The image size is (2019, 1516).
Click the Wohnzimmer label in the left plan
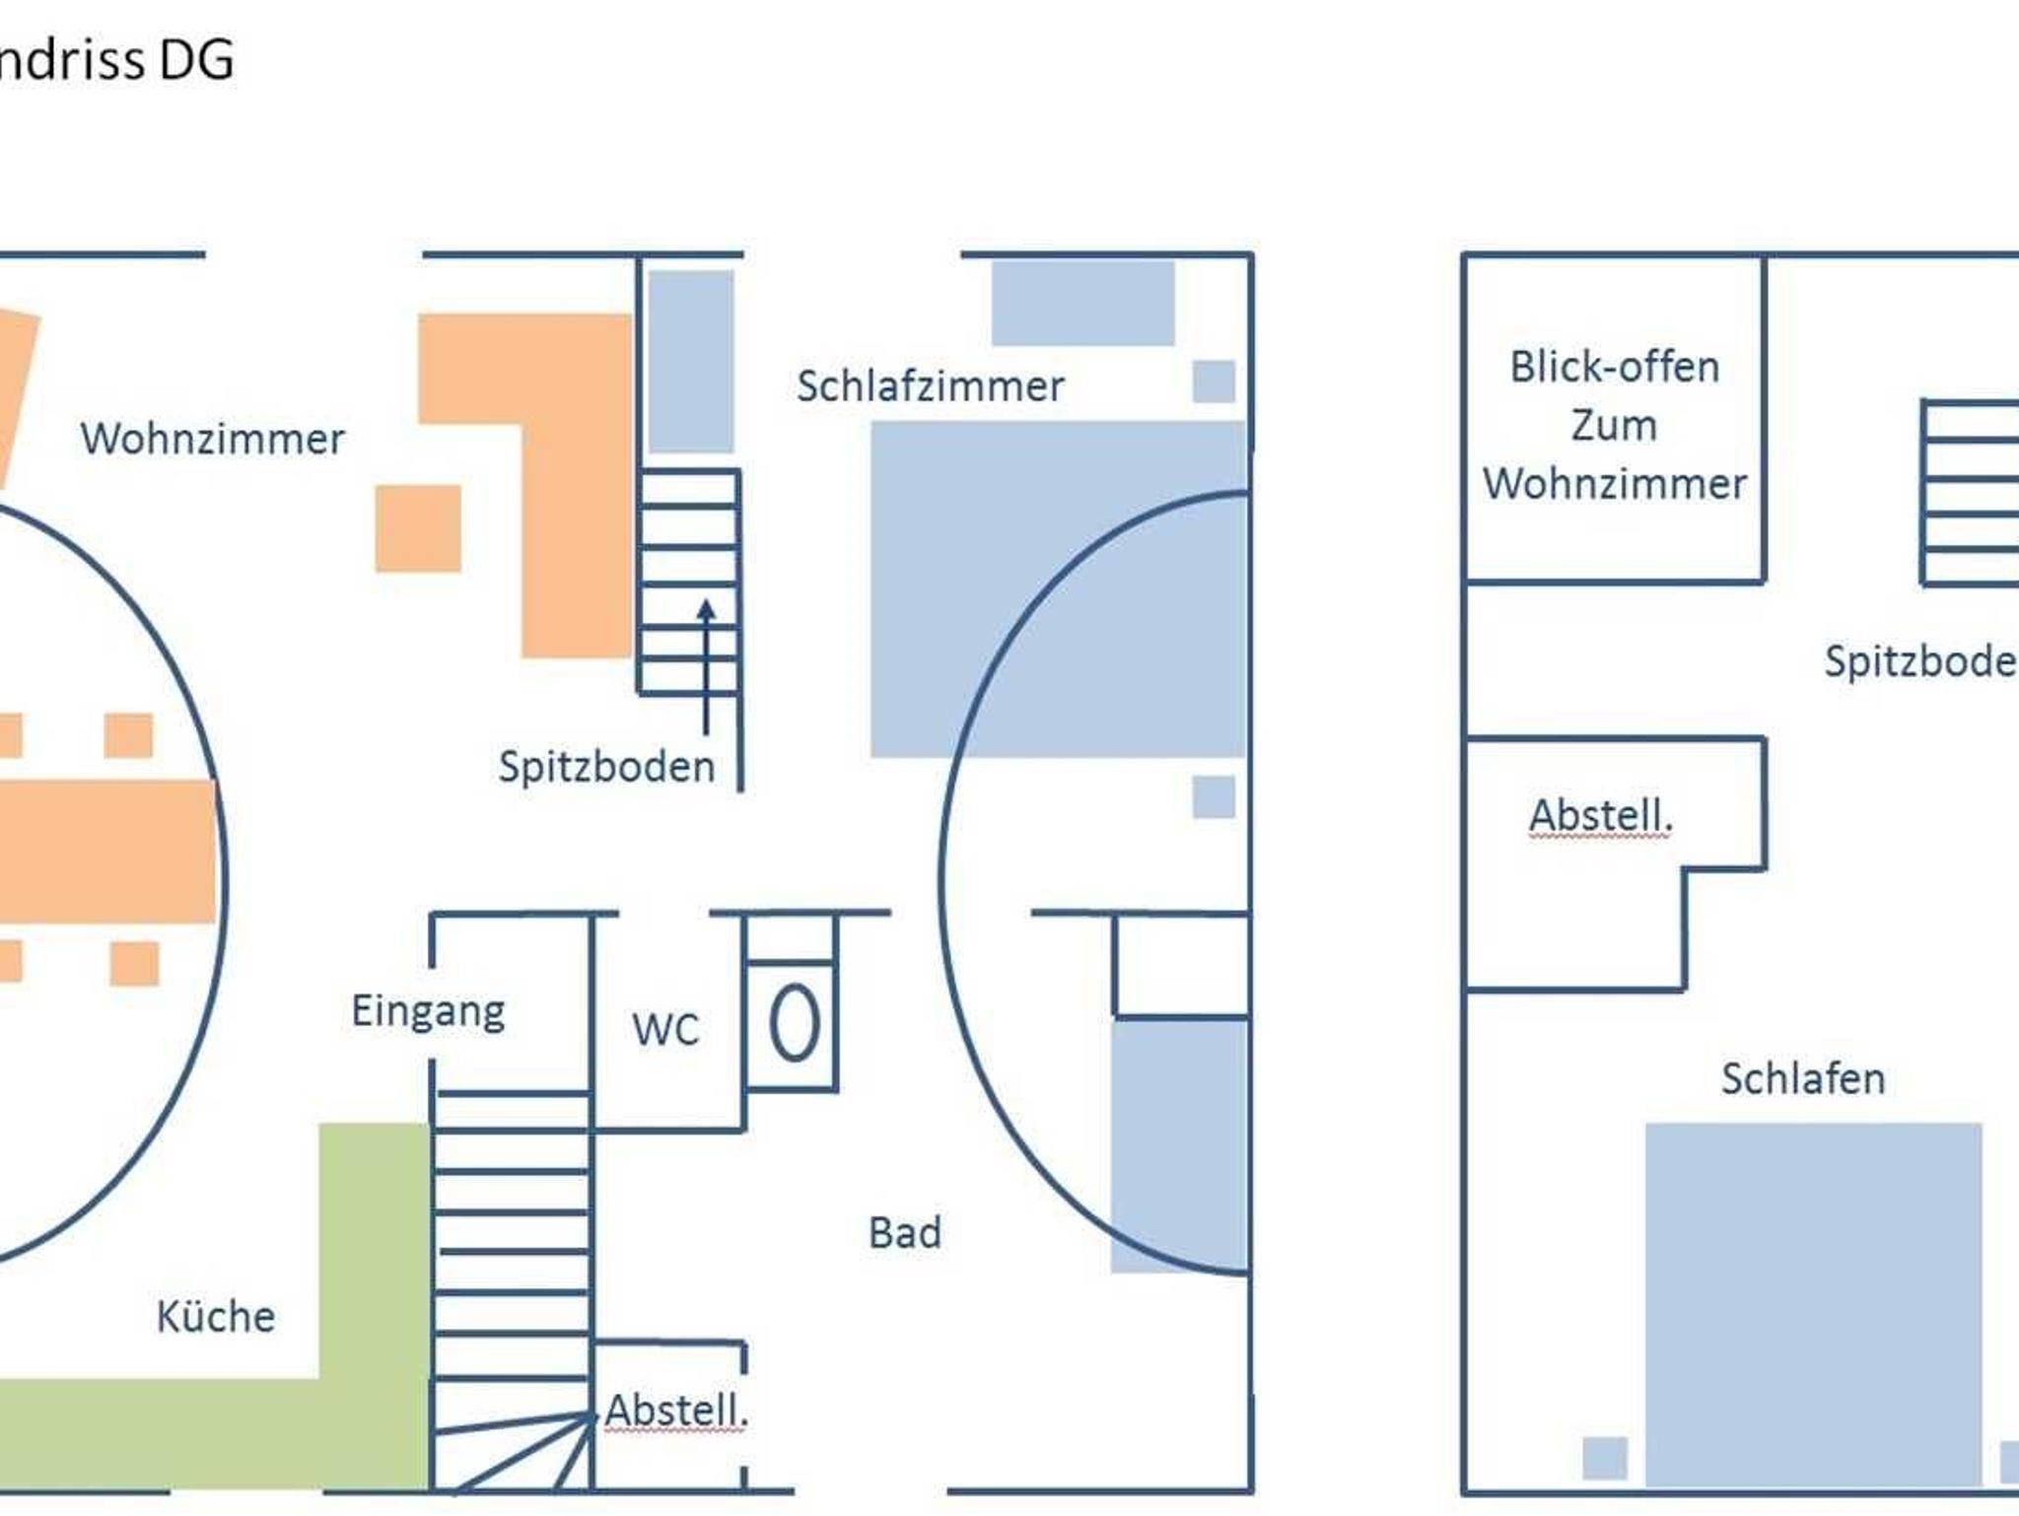pos(212,439)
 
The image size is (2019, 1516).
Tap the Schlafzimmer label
pos(930,386)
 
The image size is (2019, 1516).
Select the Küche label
pos(215,1316)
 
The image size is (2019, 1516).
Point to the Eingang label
pos(428,1011)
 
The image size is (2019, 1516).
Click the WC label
pos(665,1029)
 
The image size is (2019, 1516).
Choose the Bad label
pos(904,1232)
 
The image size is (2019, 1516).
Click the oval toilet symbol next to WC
pos(794,1025)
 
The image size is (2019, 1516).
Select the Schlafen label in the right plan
pos(1802,1078)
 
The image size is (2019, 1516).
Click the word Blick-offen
pos(1614,367)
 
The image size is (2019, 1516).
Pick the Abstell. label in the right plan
pos(1600,815)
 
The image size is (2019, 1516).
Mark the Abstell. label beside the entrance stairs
pos(676,1410)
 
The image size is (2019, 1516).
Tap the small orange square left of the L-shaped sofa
pos(418,528)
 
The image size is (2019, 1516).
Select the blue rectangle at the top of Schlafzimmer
pos(1082,303)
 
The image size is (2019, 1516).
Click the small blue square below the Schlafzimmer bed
pos(1214,796)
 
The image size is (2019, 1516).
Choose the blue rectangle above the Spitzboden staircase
pos(690,361)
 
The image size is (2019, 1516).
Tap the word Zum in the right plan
pos(1614,425)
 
